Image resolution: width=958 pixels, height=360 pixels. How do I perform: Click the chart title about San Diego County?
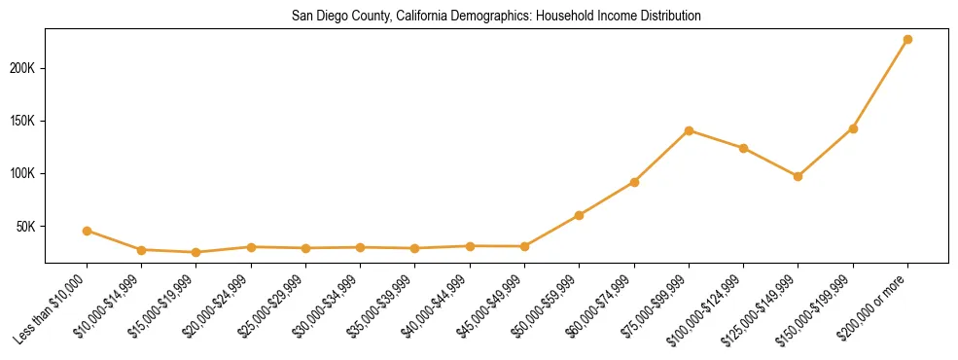[x=496, y=17]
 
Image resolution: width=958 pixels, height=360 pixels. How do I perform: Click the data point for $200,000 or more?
[x=907, y=40]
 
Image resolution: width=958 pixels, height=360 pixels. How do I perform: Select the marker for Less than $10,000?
[x=87, y=231]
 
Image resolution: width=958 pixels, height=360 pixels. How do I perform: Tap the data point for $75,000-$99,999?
[x=689, y=130]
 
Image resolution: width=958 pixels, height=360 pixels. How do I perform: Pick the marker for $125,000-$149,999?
[x=798, y=176]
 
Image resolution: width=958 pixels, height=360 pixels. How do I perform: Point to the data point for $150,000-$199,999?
[x=853, y=128]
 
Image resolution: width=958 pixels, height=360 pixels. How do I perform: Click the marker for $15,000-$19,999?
[x=196, y=252]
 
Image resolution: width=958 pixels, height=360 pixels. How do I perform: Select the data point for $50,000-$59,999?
[x=579, y=215]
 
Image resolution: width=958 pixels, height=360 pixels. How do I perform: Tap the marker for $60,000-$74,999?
[x=634, y=182]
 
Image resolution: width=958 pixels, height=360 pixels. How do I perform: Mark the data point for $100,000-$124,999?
[x=743, y=148]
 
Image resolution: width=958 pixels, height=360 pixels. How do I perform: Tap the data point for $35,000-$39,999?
[x=415, y=248]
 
